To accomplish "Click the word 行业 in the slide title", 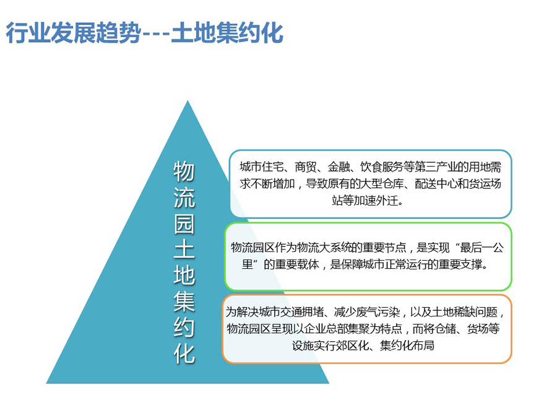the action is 28,33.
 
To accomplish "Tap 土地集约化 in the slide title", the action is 227,33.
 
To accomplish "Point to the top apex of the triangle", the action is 188,100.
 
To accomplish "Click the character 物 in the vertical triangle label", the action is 184,172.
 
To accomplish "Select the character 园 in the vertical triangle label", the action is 184,224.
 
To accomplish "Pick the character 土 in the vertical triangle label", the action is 184,250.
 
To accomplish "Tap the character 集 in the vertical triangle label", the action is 184,302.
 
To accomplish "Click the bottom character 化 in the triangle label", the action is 184,354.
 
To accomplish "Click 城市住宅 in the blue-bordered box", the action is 261,167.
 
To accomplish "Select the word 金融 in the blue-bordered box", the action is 339,167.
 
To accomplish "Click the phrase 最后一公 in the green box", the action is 481,247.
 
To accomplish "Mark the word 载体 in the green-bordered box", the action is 308,264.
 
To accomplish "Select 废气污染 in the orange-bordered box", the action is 378,312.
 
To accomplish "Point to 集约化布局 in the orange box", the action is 407,346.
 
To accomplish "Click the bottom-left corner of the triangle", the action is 46,383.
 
